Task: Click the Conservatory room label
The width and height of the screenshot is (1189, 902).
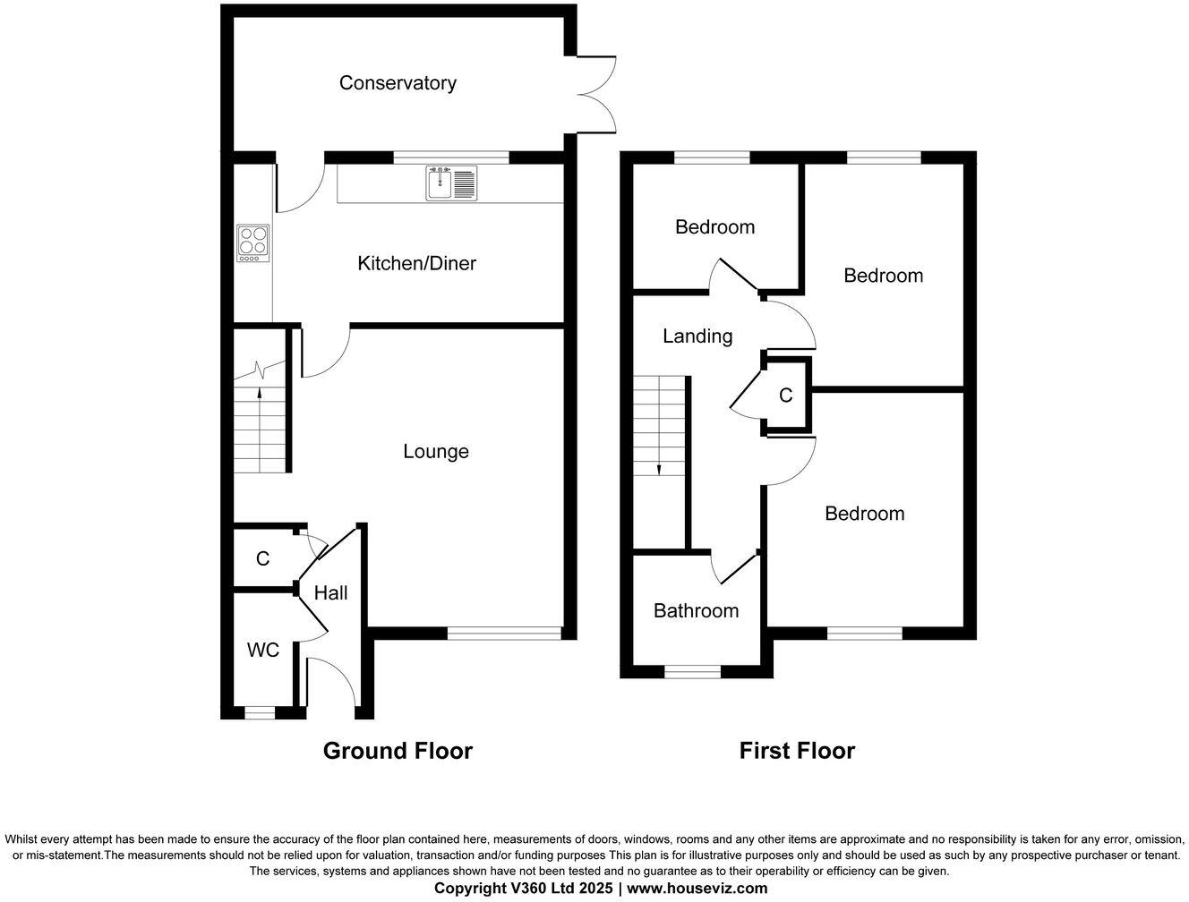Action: click(398, 83)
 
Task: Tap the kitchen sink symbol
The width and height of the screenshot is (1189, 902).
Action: click(452, 183)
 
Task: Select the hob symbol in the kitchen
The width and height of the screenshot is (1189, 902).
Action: click(253, 243)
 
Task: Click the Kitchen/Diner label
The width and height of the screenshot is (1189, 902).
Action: click(416, 263)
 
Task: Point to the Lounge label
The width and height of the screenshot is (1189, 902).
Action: click(435, 451)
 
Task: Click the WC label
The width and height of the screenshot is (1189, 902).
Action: click(263, 651)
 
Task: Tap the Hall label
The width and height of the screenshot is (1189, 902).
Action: click(330, 592)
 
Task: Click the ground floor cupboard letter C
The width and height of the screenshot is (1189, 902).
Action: click(262, 558)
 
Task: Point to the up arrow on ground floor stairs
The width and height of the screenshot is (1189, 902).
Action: click(260, 391)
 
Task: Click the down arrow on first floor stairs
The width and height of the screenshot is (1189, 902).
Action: click(659, 469)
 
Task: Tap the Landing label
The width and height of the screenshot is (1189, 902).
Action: click(697, 336)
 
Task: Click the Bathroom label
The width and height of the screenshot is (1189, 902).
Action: click(696, 610)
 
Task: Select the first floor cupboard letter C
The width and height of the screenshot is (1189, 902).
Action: click(785, 396)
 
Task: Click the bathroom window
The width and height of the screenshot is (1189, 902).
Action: click(692, 672)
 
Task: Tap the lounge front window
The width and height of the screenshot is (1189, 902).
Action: click(505, 634)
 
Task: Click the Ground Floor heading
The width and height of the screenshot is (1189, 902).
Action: click(398, 751)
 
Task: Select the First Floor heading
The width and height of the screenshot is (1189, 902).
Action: click(797, 751)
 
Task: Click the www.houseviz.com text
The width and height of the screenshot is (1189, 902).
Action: click(697, 889)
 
